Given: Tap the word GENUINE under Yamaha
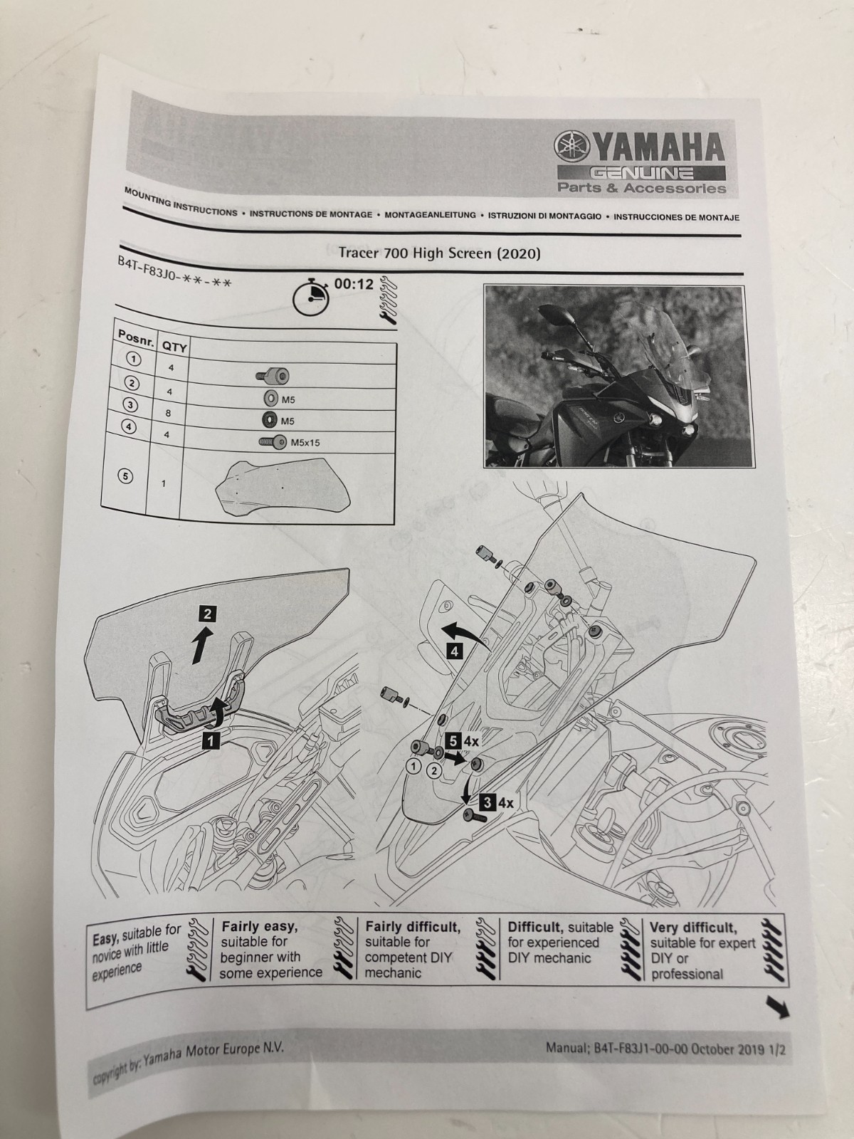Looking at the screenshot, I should coord(644,172).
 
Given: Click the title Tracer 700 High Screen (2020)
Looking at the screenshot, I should coord(439,253).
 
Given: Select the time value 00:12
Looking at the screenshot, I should coord(354,284).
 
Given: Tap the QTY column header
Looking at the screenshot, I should coord(174,347).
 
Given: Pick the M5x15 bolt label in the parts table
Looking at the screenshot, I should coord(305,443).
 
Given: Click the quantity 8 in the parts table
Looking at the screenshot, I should coord(168,413).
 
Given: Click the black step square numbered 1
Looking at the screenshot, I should coord(210,740).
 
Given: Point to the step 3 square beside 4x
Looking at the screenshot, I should coord(487,802).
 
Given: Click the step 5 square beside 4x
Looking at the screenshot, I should coord(453,740).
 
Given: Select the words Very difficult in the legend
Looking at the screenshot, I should coord(693,928).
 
